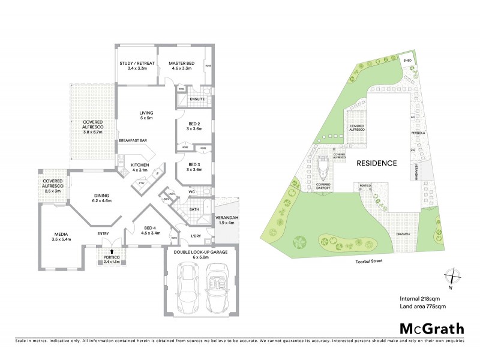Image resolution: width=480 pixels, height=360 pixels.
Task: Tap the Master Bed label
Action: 180,66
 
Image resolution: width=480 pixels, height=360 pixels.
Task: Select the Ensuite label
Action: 197,99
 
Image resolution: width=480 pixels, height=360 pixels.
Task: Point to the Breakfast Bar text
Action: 133,141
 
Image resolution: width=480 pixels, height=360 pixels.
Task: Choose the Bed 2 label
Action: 193,127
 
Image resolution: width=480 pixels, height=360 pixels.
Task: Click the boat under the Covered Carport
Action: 323,170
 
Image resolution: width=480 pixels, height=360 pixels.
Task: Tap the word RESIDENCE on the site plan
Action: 377,163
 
